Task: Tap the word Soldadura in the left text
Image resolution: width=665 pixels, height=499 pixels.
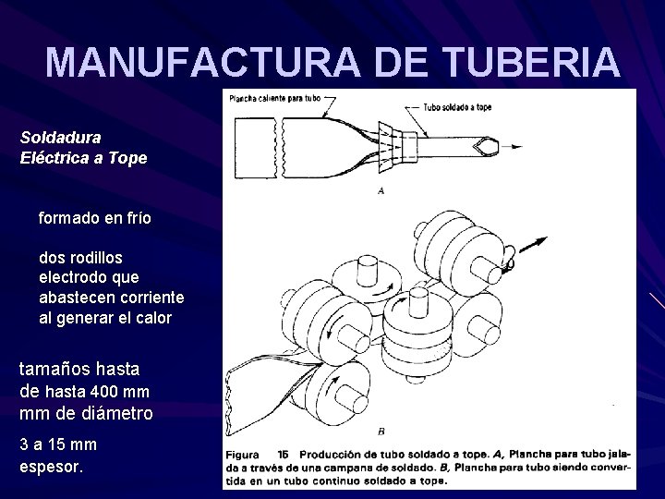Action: coord(61,137)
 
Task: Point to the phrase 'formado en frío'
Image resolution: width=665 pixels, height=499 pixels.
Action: coord(95,220)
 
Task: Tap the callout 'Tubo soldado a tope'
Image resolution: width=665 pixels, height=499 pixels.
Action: coord(458,106)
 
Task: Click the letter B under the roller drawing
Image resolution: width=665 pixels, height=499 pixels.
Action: coord(381,432)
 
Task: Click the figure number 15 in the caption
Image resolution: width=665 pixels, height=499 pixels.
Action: coord(284,454)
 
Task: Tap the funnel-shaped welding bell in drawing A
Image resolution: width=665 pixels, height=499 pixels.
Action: coord(398,144)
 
